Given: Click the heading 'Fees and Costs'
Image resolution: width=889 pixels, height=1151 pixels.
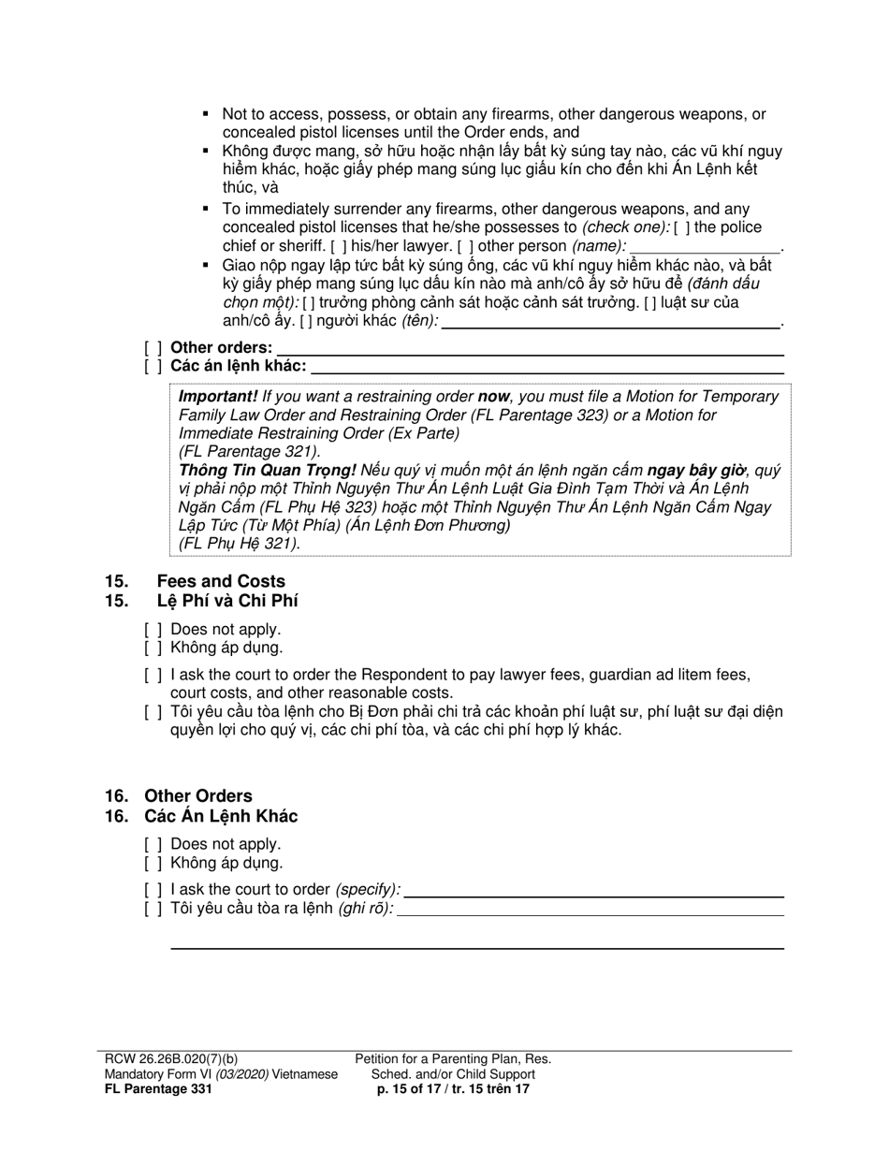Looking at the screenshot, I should pos(221,581).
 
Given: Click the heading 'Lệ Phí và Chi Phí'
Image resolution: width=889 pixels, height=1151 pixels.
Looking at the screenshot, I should pos(227,601).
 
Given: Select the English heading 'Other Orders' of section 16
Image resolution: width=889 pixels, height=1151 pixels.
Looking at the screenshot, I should pos(197,796).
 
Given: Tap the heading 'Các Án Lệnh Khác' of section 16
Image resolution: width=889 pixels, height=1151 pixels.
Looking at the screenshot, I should pos(221,816).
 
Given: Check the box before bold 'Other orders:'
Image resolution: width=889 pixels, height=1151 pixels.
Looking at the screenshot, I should pos(153,348).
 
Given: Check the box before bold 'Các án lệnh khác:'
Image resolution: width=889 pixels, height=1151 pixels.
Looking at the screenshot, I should pos(153,367).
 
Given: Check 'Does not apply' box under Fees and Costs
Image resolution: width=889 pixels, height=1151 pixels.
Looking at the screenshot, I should pos(153,630).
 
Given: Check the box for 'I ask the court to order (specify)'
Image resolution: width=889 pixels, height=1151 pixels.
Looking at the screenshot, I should pos(153,890).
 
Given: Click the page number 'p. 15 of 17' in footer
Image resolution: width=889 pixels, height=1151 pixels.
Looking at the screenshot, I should pos(413,1089).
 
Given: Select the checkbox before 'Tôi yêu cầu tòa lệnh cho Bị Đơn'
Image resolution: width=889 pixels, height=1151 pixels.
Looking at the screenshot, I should pos(153,712).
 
